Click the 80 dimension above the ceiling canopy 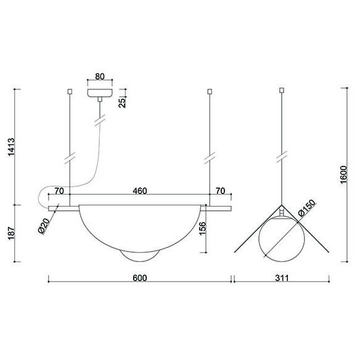[x=100, y=78]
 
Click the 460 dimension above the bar [x=140, y=192]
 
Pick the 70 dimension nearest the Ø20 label [x=60, y=192]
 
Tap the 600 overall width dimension [x=140, y=278]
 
